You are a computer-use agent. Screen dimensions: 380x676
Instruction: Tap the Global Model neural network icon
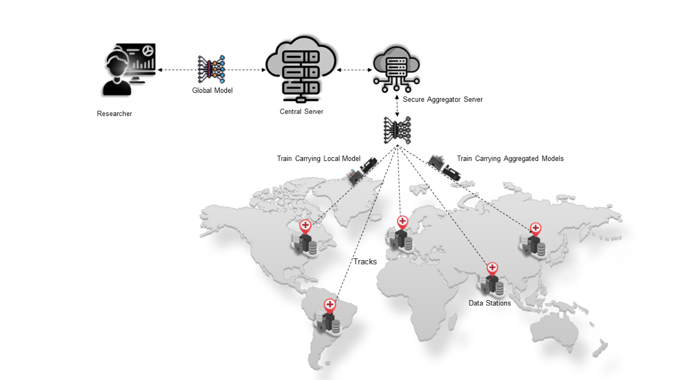point(211,70)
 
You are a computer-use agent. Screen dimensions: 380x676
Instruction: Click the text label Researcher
point(114,114)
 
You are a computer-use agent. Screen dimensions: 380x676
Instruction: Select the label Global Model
point(212,91)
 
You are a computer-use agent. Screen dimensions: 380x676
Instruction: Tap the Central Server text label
point(301,111)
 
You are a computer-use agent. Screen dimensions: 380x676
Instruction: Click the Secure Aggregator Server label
point(443,100)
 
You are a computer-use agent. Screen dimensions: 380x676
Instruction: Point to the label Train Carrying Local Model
point(318,159)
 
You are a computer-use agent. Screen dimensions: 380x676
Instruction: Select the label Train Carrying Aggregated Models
point(510,159)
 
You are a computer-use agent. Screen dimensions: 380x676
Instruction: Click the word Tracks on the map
point(365,261)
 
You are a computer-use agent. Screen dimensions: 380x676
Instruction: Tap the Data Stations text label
point(490,303)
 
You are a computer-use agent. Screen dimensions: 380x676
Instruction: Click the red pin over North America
point(305,226)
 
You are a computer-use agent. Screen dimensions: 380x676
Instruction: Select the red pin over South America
point(330,305)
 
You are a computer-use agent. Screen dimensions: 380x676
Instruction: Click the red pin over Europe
point(402,221)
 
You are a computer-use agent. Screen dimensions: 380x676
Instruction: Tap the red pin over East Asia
point(535,229)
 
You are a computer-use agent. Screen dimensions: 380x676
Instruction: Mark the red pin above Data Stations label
point(492,268)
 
